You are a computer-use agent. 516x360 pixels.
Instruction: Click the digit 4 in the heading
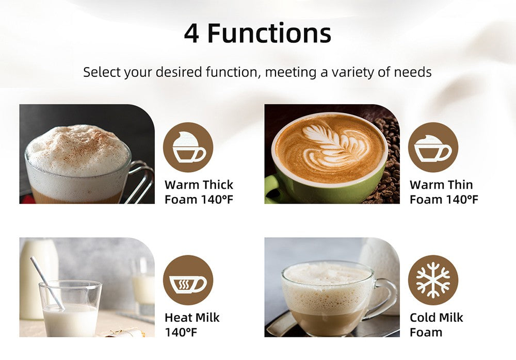(x=191, y=34)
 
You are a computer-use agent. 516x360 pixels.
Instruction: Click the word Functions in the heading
(x=269, y=33)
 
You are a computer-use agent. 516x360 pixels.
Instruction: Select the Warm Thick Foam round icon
(x=188, y=147)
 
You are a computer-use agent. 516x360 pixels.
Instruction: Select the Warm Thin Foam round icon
(x=433, y=147)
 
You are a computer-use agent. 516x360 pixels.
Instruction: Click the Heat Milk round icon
(x=188, y=280)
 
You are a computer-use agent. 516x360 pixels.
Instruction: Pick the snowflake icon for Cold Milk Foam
(x=433, y=280)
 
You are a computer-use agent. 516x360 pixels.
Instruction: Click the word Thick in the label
(x=218, y=185)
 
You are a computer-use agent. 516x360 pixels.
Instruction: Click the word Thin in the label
(x=460, y=185)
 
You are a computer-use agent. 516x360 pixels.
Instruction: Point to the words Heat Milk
(x=192, y=318)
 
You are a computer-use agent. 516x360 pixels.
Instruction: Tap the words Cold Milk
(x=437, y=318)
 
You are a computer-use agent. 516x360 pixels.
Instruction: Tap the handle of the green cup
(x=272, y=188)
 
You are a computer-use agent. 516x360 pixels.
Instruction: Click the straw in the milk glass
(x=47, y=283)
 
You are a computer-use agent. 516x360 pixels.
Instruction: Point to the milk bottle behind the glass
(x=38, y=279)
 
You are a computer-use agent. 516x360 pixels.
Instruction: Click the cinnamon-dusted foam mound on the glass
(x=78, y=150)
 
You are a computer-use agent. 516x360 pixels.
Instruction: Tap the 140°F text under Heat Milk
(x=181, y=332)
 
